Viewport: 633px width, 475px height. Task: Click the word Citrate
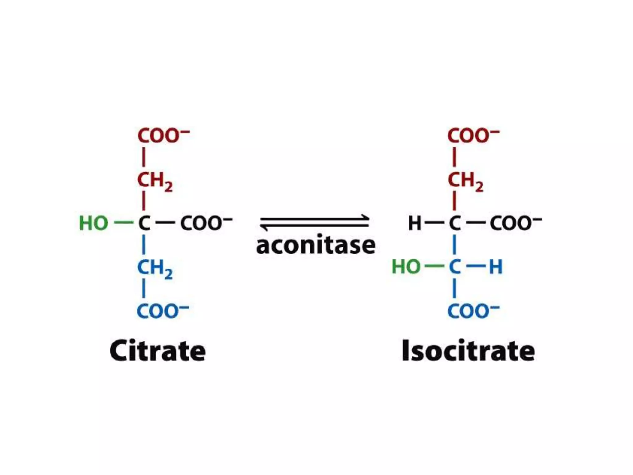pyautogui.click(x=158, y=351)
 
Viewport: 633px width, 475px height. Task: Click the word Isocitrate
pyautogui.click(x=468, y=351)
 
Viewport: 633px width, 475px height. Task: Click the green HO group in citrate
pyautogui.click(x=94, y=223)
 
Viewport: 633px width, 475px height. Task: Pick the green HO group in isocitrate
pyautogui.click(x=406, y=267)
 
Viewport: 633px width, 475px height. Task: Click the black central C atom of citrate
pyautogui.click(x=144, y=223)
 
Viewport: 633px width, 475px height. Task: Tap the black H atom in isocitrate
pyautogui.click(x=414, y=223)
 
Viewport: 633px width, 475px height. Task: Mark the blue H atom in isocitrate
pyautogui.click(x=496, y=267)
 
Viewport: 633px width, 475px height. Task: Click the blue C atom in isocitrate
pyautogui.click(x=455, y=267)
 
